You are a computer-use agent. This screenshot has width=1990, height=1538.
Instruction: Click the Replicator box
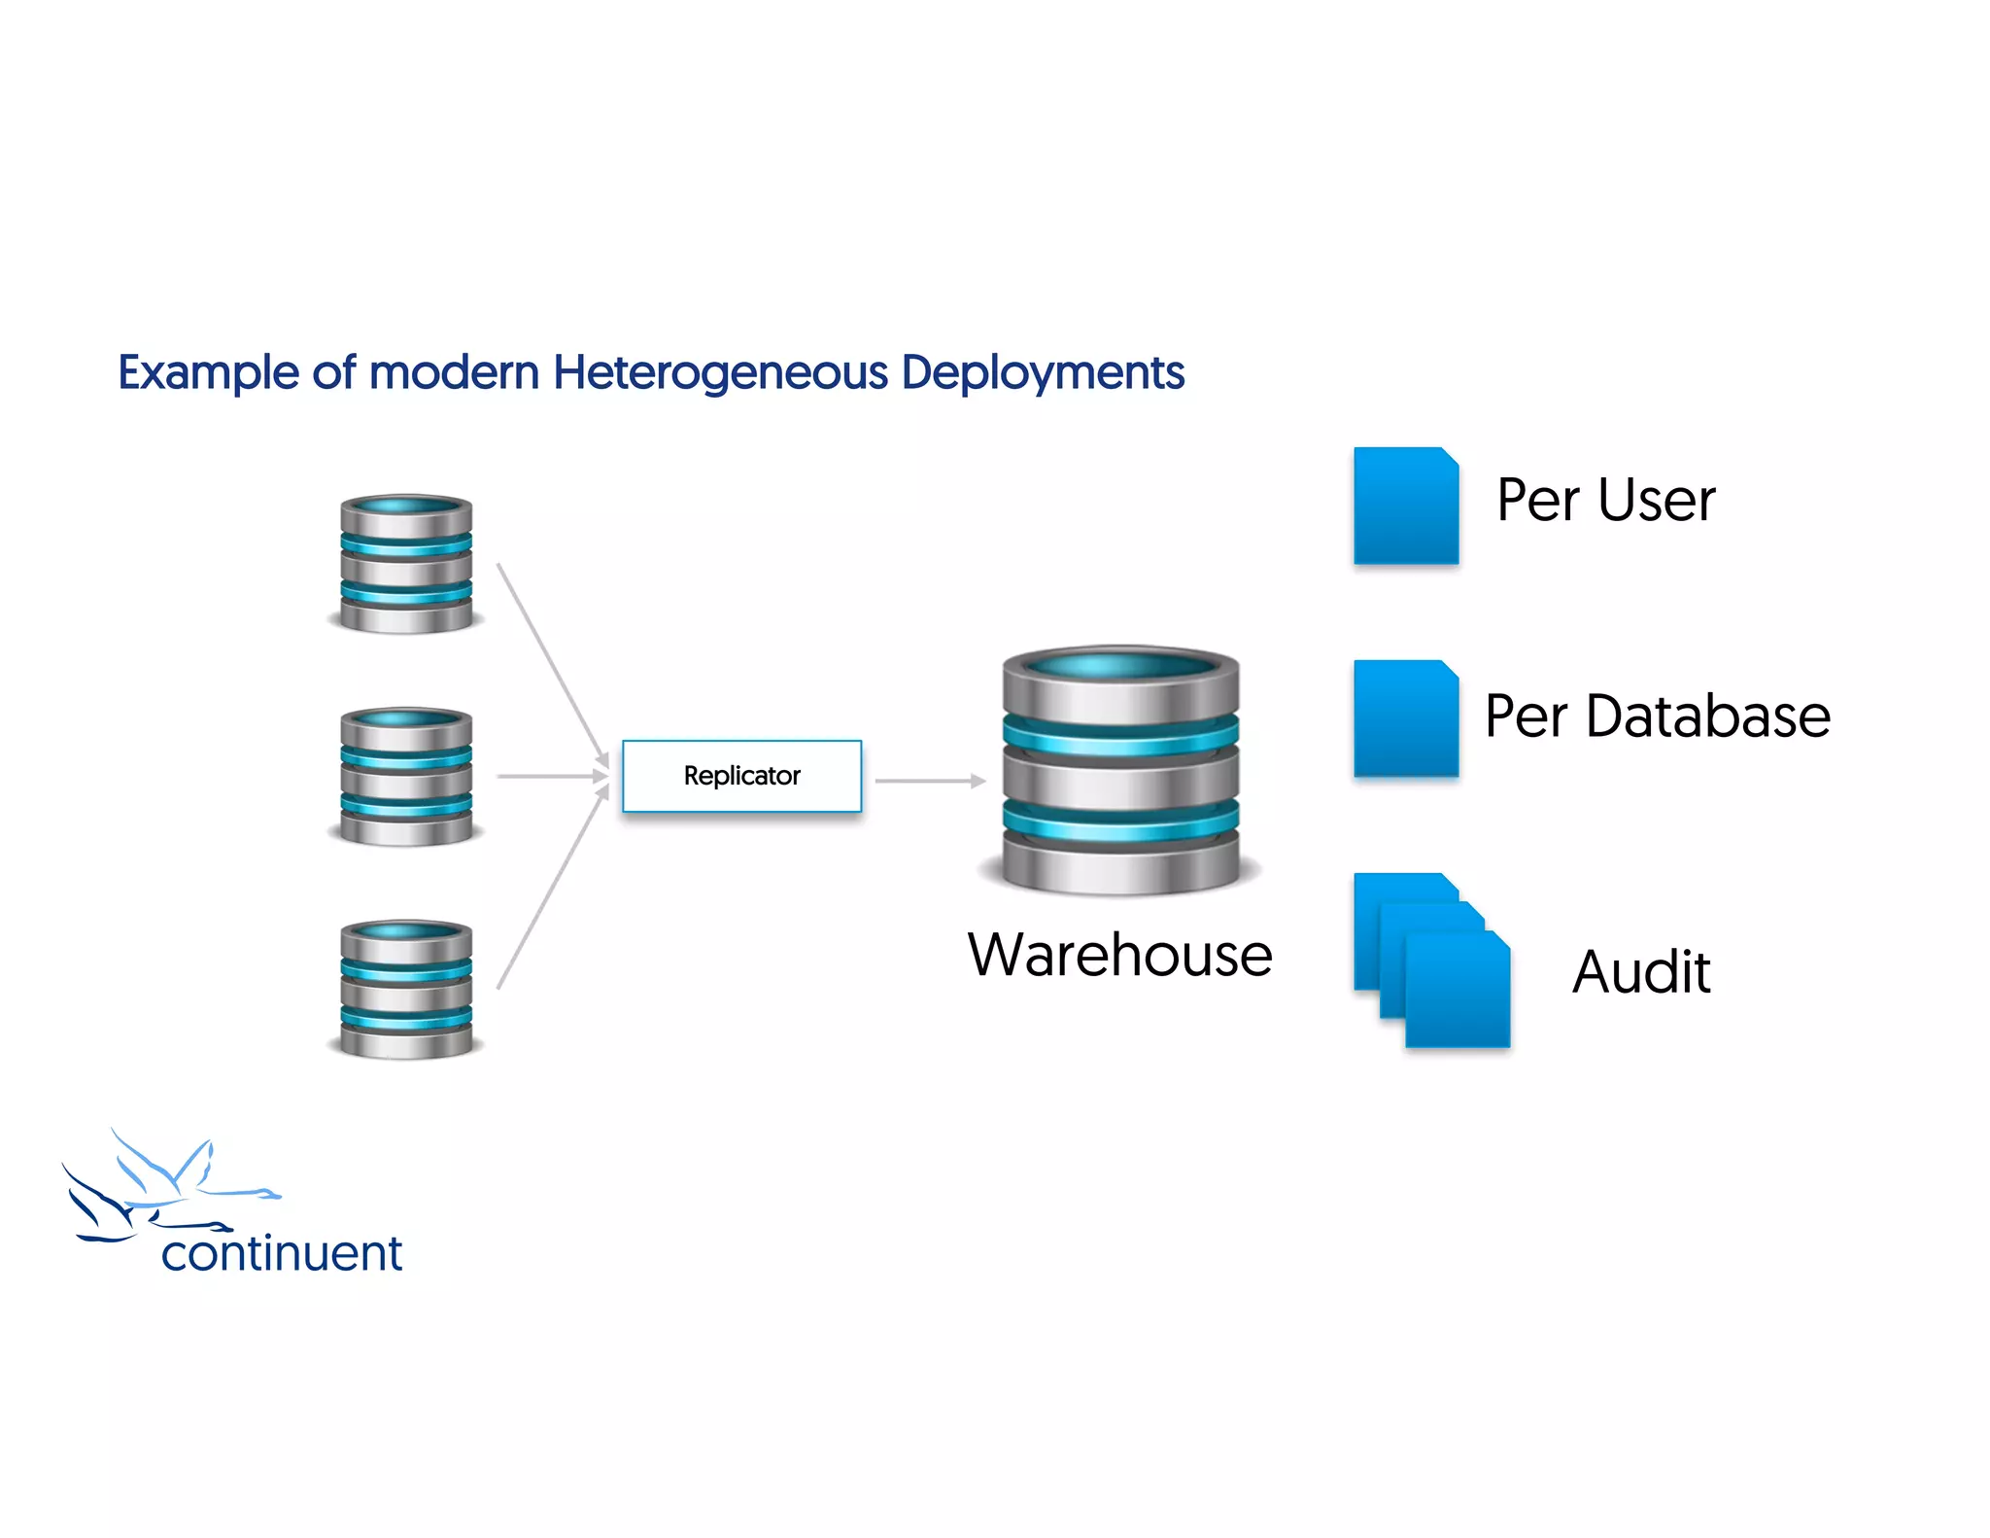click(x=741, y=776)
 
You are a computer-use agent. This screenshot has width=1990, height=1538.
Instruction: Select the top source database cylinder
click(x=406, y=564)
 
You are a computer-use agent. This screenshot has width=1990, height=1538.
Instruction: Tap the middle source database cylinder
click(x=406, y=776)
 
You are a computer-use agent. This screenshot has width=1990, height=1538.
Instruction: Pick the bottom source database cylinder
click(x=406, y=989)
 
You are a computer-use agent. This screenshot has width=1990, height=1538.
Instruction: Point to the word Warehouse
click(x=1119, y=955)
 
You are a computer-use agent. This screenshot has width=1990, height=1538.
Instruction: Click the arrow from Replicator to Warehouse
click(x=930, y=781)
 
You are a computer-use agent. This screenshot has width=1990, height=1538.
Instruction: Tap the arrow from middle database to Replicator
click(x=551, y=777)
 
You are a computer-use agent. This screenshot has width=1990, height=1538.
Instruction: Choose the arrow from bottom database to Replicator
click(x=551, y=890)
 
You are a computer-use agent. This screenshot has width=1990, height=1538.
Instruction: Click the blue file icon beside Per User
click(x=1405, y=506)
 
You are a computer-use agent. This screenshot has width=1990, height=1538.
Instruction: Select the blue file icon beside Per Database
click(x=1405, y=718)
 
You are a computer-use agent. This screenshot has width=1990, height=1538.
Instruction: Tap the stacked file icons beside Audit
click(x=1432, y=960)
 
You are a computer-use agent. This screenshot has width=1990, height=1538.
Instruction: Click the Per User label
click(x=1605, y=501)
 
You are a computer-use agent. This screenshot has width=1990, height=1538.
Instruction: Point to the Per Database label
click(x=1657, y=717)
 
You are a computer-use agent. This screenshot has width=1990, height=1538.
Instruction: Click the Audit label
click(x=1641, y=972)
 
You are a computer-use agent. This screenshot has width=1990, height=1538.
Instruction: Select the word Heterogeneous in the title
click(x=720, y=372)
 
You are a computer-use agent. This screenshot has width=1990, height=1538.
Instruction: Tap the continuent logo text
click(x=281, y=1253)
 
